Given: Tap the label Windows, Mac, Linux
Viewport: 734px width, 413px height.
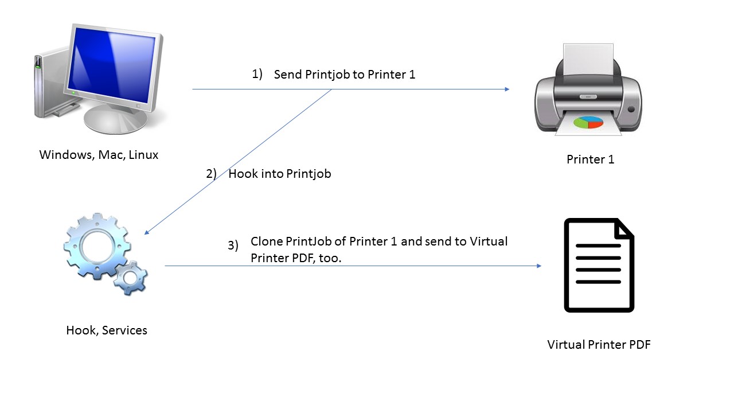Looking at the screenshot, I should pos(99,155).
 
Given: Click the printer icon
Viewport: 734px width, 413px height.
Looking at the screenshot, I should pos(588,92).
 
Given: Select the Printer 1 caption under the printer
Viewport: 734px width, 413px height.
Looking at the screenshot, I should pos(590,159).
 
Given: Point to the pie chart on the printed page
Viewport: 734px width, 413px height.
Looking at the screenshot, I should pos(589,122).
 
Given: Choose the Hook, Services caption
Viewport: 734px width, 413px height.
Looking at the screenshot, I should pos(107,330).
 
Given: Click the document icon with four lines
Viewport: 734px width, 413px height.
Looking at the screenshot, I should pos(599,265).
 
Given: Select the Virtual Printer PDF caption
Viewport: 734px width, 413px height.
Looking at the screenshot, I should pos(599,345).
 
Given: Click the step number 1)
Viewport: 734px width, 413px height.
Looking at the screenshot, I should pos(257,74).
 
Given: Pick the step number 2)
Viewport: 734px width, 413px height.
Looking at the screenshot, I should pos(211,174).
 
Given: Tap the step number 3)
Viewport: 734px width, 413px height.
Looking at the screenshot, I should pos(233,246).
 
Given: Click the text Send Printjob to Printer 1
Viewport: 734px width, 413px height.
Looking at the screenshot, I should pos(344,75).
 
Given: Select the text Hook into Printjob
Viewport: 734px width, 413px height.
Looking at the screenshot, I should pos(280,174).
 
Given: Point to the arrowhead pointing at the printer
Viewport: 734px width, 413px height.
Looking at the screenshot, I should pos(507,89).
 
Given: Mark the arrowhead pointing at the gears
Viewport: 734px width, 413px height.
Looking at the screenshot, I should pos(147,232).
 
